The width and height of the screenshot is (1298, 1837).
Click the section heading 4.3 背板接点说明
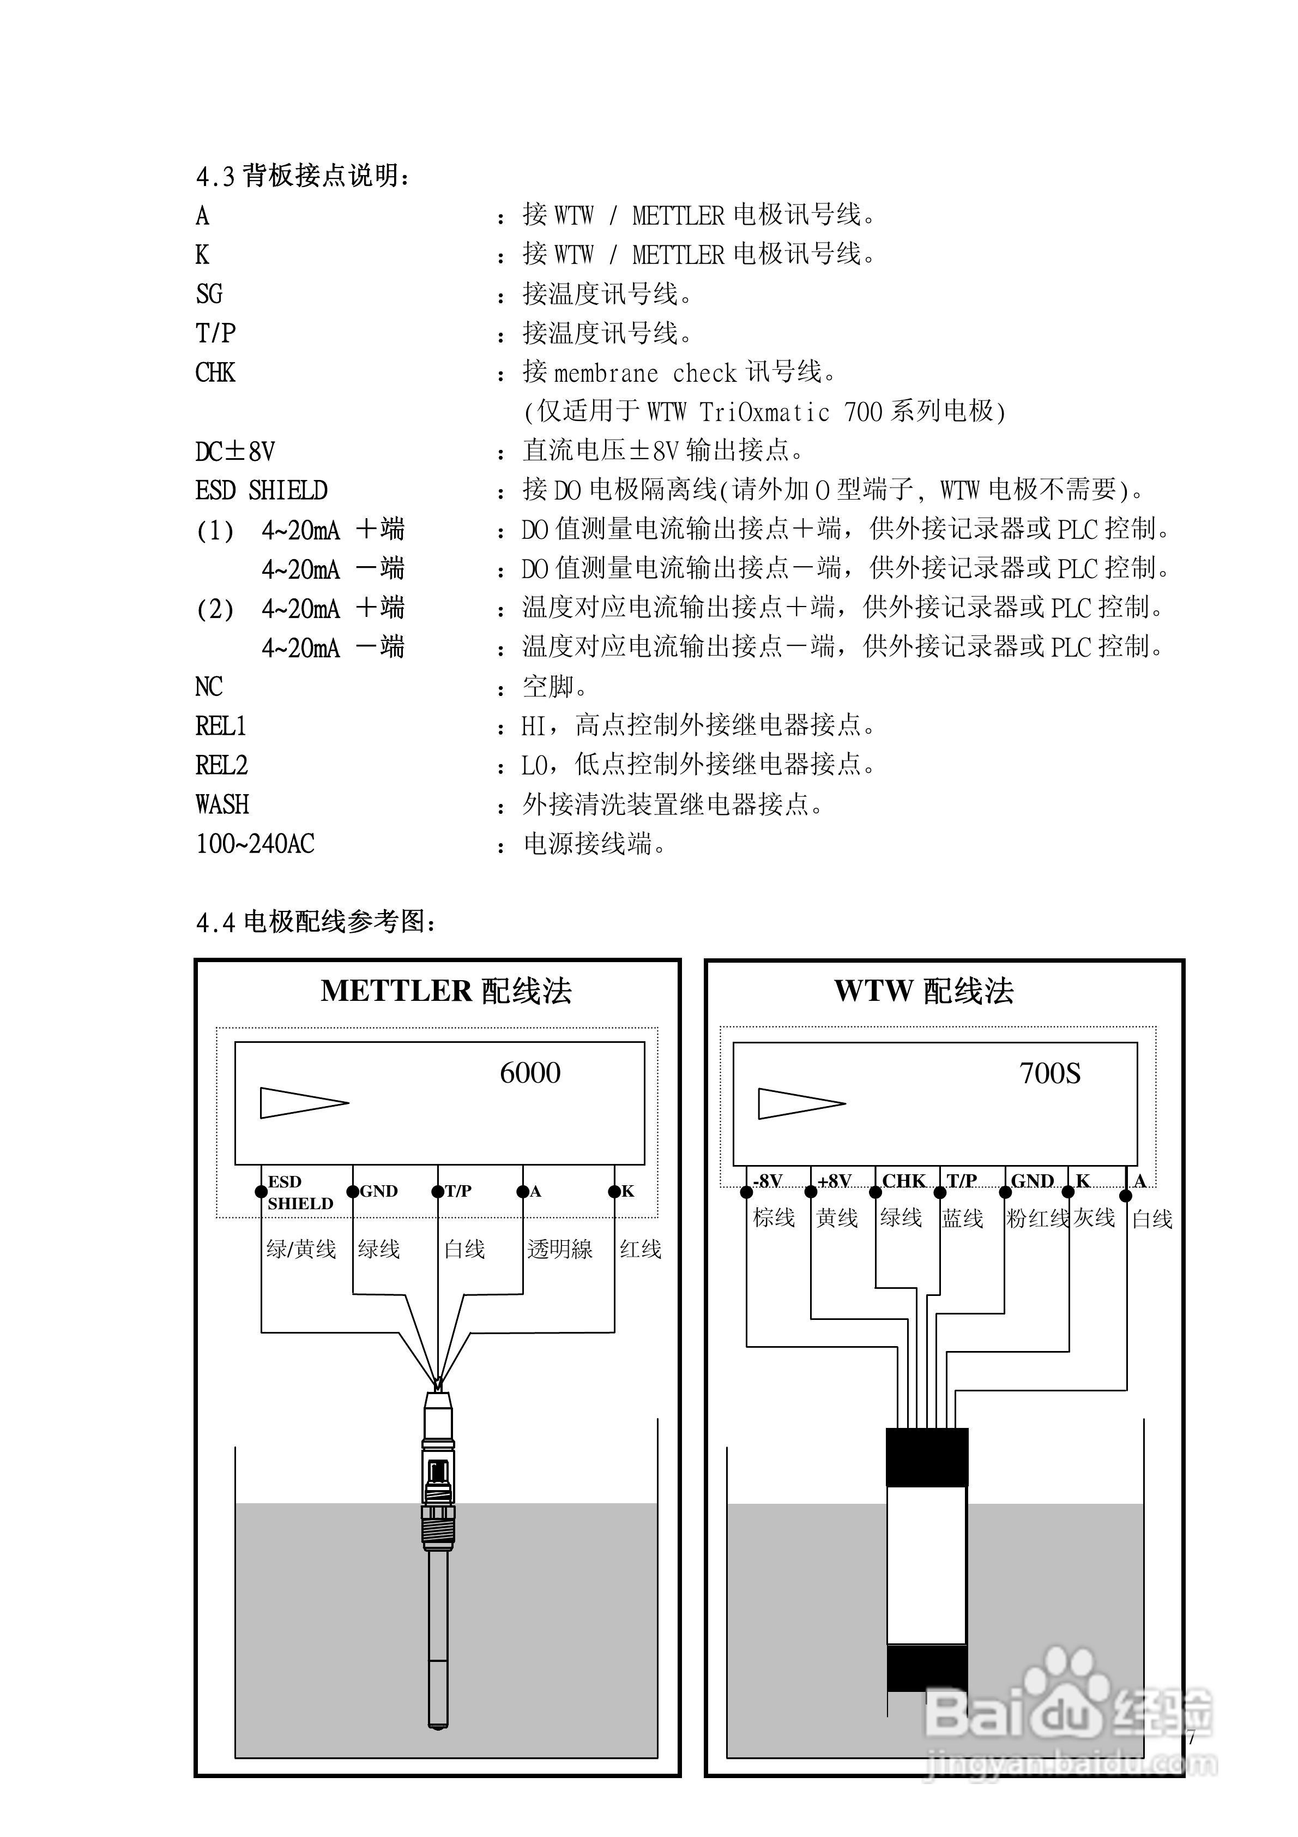click(x=303, y=175)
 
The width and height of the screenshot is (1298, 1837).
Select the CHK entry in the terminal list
click(x=215, y=373)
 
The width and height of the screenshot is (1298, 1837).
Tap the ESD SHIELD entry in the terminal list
click(x=262, y=490)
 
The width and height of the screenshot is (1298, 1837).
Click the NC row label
click(x=209, y=687)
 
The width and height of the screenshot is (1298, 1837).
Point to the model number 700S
click(x=1049, y=1073)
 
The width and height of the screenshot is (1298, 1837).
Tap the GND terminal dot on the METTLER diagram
click(x=353, y=1191)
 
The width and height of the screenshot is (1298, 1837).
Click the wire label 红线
click(x=641, y=1249)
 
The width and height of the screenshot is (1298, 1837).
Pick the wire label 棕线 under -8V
click(x=774, y=1218)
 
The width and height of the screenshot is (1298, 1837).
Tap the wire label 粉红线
click(x=1037, y=1218)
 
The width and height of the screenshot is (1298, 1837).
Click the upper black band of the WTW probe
click(x=927, y=1457)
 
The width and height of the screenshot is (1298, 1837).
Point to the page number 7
click(x=1191, y=1739)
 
